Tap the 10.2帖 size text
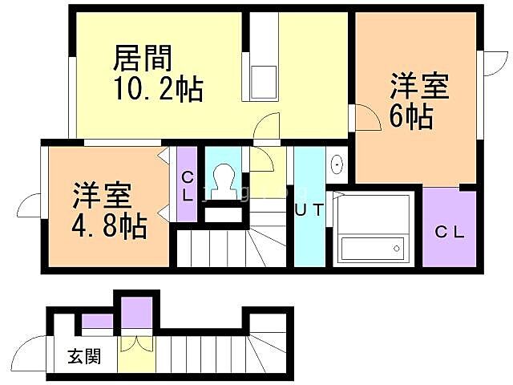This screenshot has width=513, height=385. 157,87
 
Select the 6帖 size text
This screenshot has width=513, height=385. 411,117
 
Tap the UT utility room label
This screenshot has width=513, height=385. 309,211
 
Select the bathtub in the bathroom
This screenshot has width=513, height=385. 372,247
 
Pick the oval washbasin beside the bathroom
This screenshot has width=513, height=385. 337,165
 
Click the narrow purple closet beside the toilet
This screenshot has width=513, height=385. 187,184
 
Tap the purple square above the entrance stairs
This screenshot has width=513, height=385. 137,311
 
